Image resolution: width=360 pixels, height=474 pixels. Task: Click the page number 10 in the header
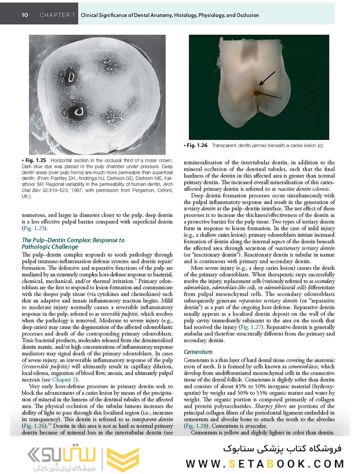pyautogui.click(x=25, y=15)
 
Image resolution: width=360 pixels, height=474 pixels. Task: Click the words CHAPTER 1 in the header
pyautogui.click(x=57, y=15)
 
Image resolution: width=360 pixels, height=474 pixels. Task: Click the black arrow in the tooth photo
pyautogui.click(x=266, y=78)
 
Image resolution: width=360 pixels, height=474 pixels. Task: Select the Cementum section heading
pyautogui.click(x=198, y=352)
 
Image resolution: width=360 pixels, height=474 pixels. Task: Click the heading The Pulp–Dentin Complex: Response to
pyautogui.click(x=73, y=240)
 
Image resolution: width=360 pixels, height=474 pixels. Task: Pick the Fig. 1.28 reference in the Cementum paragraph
pyautogui.click(x=195, y=426)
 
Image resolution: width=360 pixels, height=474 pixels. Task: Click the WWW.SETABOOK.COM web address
pyautogui.click(x=265, y=463)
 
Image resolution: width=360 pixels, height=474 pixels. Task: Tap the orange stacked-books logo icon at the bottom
pyautogui.click(x=122, y=459)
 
